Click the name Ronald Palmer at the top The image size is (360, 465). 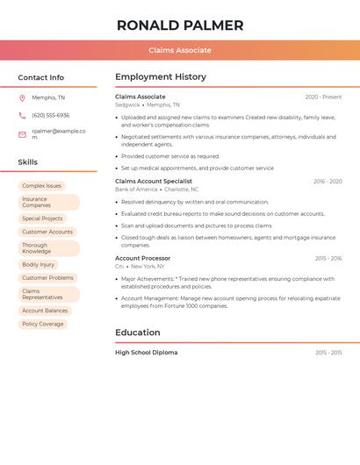(180, 25)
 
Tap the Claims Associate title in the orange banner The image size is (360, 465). (180, 50)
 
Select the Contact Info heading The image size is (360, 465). (41, 77)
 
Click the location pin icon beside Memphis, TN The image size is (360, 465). (22, 97)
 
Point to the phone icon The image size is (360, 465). (22, 115)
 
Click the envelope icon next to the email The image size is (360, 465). (22, 134)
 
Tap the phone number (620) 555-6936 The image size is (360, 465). (51, 115)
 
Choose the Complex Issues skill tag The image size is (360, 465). (42, 186)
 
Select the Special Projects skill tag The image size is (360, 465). (42, 218)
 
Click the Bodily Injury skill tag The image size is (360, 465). (38, 264)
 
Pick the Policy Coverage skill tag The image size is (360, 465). (43, 324)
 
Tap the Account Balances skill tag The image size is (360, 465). (45, 311)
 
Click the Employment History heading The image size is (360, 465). (161, 77)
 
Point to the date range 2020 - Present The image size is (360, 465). (323, 97)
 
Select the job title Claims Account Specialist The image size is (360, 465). (154, 181)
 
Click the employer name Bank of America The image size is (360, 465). (136, 190)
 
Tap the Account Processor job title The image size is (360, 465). (143, 258)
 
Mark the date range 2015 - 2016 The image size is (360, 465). (328, 259)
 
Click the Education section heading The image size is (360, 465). (138, 333)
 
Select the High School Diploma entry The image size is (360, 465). (147, 353)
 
